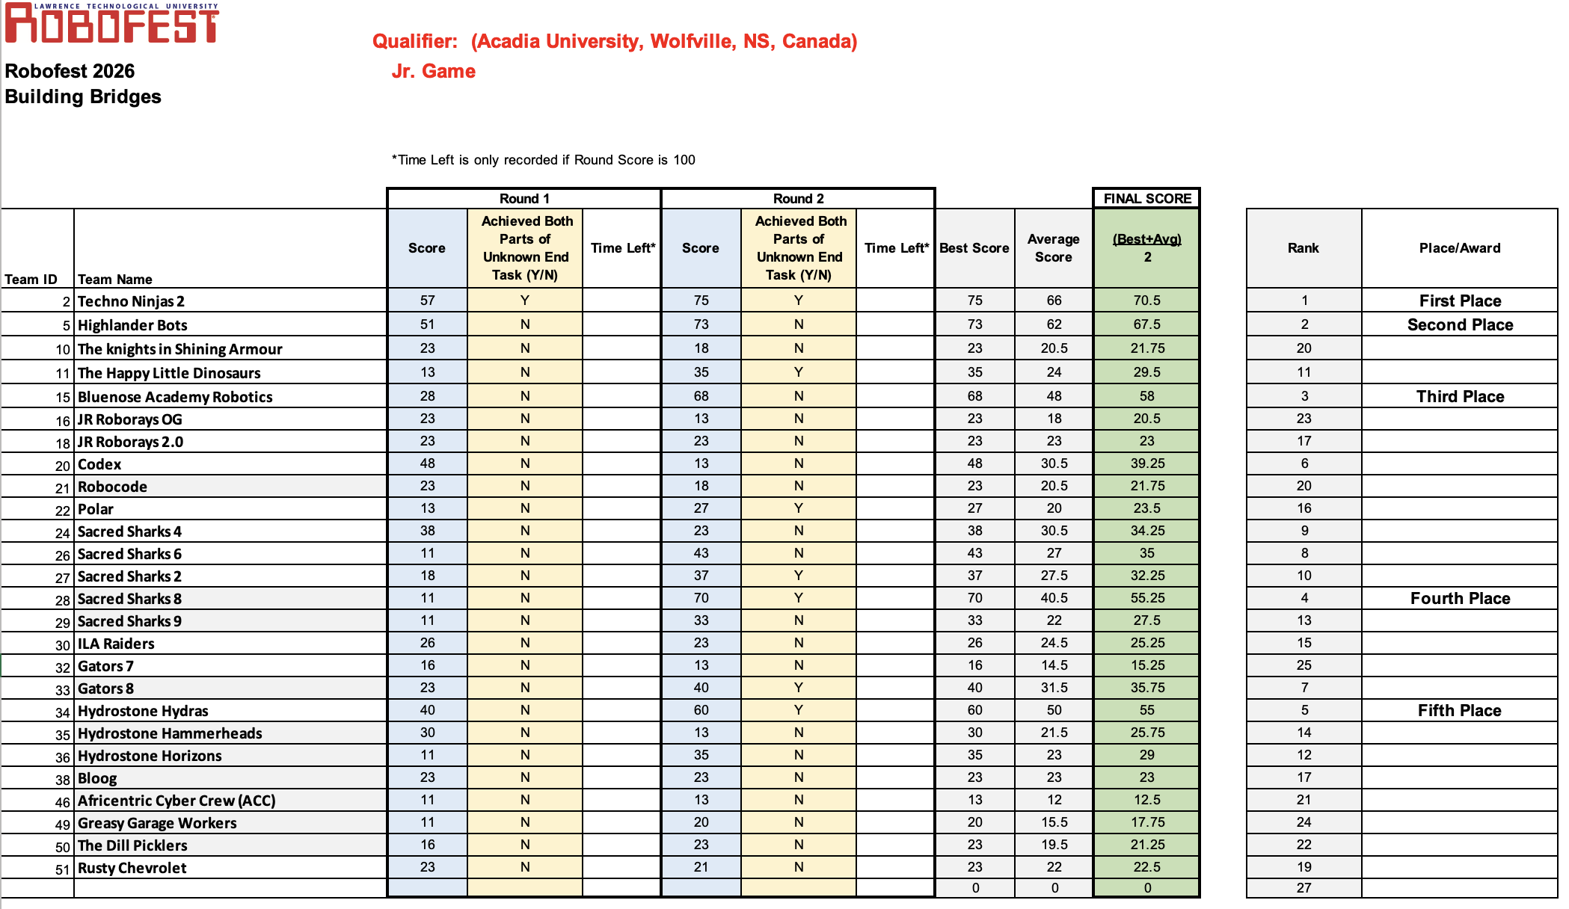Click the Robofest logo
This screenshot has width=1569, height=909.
[112, 22]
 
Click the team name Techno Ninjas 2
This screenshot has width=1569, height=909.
[131, 301]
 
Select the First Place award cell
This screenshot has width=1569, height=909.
[1460, 301]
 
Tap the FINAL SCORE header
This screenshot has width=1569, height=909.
[1147, 198]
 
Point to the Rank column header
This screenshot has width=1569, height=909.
[1303, 248]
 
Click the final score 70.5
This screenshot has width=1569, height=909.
[1147, 301]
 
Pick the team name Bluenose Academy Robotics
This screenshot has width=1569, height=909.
[175, 397]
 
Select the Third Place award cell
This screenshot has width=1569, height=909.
[1460, 396]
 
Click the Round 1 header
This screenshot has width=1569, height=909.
[524, 198]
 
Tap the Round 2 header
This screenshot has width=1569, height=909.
[798, 198]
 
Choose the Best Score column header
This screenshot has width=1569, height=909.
[974, 248]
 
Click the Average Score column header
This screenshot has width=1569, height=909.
[1053, 248]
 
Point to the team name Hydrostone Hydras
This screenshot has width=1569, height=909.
[143, 711]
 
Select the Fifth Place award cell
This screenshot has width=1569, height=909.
[1459, 710]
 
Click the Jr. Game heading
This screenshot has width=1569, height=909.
[434, 71]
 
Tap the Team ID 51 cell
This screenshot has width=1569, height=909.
[63, 869]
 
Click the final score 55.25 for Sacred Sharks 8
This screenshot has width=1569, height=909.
[1147, 598]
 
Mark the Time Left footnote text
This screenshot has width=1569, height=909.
[544, 160]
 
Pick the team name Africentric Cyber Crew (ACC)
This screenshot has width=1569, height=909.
[176, 801]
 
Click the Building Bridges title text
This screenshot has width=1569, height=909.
[83, 96]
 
